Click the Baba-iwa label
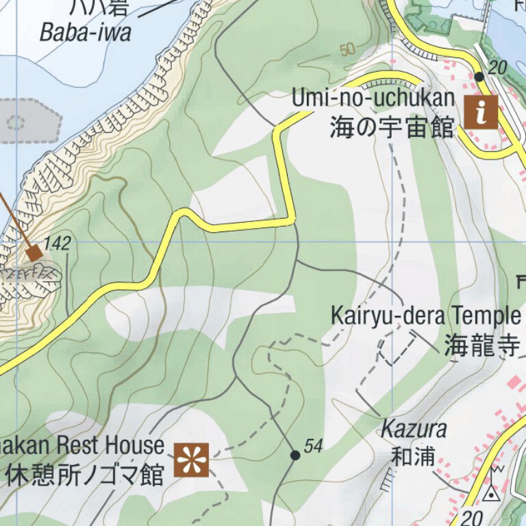(85, 32)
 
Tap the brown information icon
(481, 111)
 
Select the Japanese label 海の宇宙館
(392, 127)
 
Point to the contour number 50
(348, 50)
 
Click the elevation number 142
(58, 244)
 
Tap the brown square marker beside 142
(34, 253)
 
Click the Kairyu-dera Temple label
(425, 316)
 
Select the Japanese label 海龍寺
(482, 346)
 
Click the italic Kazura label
(414, 430)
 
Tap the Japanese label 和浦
(414, 456)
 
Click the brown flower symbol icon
(191, 459)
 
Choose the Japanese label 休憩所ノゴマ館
(85, 474)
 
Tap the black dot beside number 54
(295, 455)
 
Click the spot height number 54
(313, 447)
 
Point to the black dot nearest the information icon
(479, 76)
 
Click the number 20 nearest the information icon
(497, 67)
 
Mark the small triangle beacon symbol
(491, 493)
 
